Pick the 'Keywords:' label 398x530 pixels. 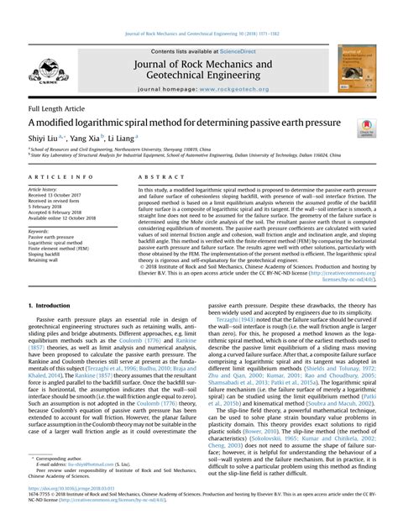coord(43,230)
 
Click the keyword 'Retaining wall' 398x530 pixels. coord(47,260)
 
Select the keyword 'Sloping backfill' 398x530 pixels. coord(49,255)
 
